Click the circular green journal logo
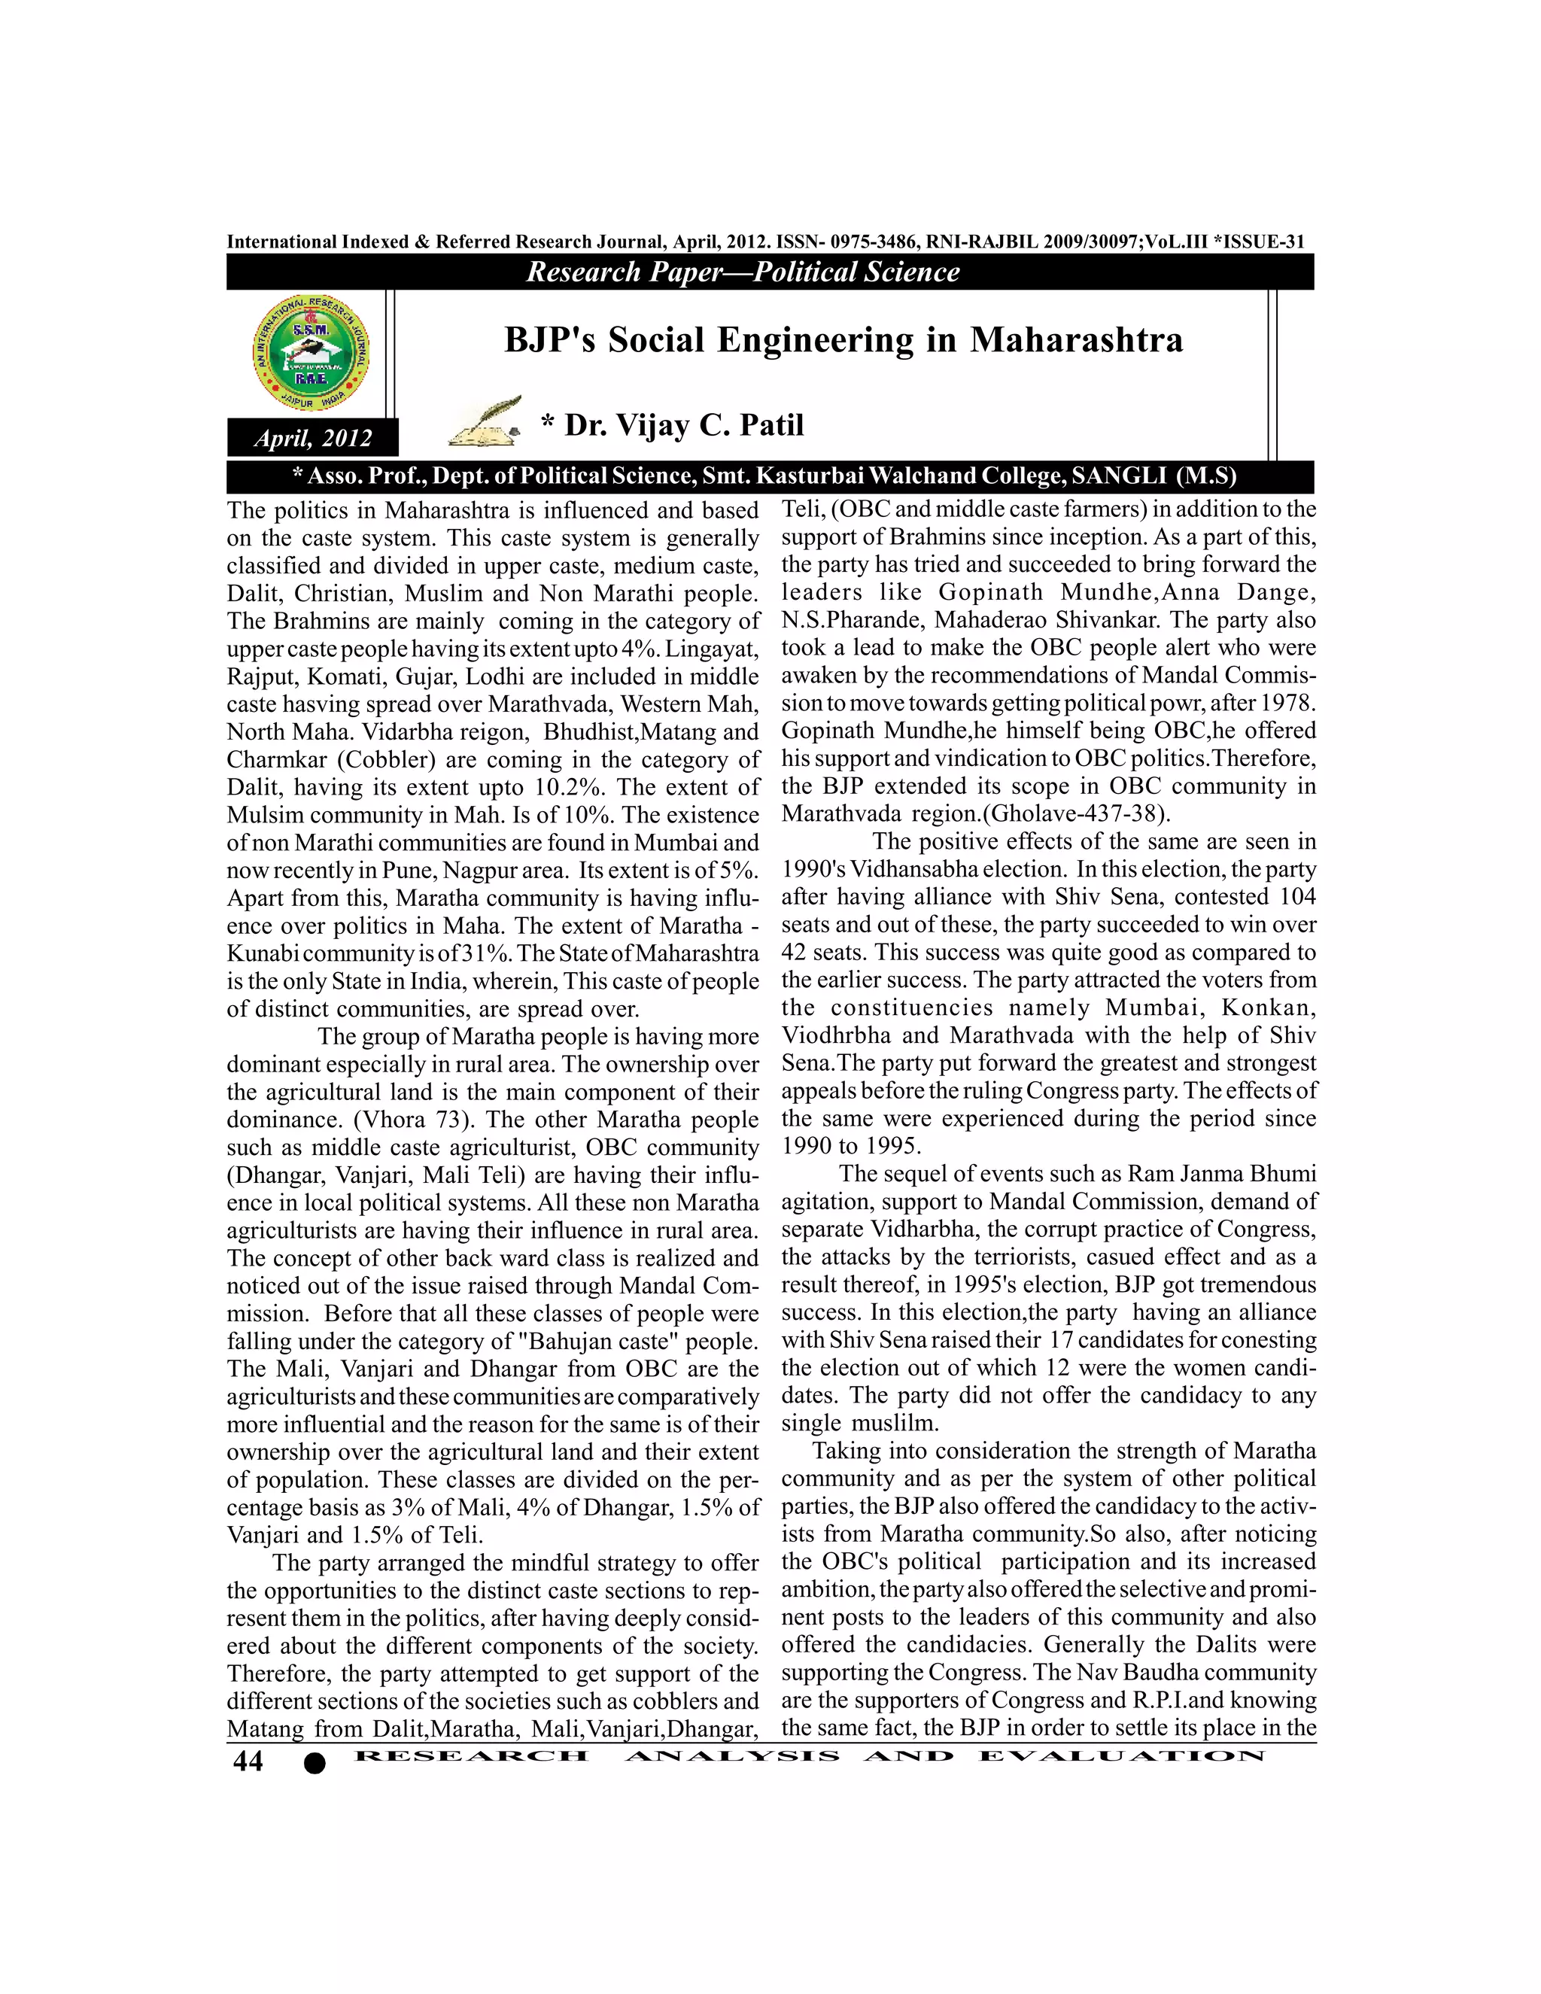click(312, 352)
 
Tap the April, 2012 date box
click(313, 438)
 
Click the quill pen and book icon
click(485, 422)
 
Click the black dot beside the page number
click(314, 1764)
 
